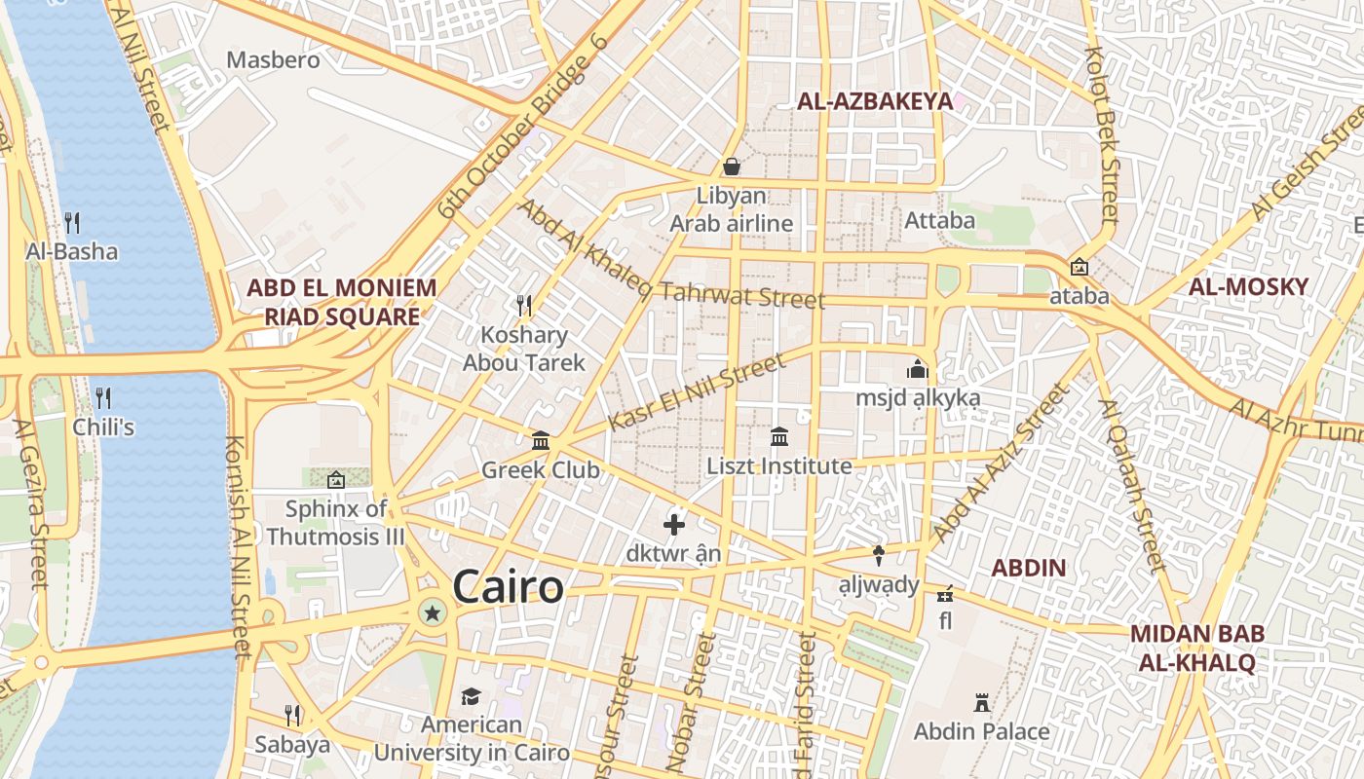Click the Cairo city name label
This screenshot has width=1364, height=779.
508,587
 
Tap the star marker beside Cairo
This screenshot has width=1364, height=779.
433,612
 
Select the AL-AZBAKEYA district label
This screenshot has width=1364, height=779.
874,101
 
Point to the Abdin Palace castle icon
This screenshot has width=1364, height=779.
982,702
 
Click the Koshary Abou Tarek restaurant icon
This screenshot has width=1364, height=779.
524,306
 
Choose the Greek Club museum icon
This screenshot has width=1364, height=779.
541,441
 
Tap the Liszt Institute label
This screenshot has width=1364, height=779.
779,466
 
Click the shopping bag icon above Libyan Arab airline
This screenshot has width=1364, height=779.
731,167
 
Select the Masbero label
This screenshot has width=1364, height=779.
273,60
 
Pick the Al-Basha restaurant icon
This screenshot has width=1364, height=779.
72,222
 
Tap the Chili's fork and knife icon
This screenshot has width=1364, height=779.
103,397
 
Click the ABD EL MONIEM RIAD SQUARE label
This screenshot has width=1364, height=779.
341,302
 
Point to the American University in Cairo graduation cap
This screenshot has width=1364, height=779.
472,696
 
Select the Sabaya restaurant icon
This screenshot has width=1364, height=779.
292,716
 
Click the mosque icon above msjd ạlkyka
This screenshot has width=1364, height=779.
918,370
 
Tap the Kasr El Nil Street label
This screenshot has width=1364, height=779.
696,392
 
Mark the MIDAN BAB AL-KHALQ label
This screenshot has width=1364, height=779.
1196,649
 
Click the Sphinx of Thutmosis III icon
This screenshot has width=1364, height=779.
335,479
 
